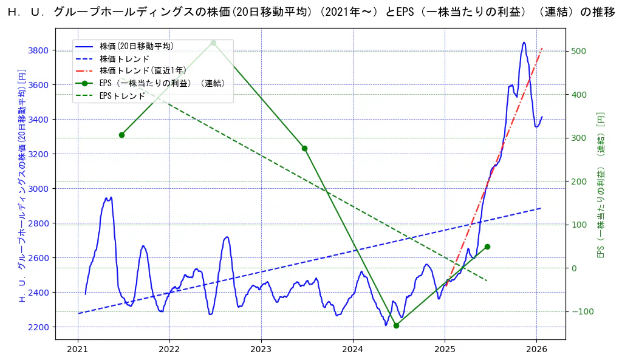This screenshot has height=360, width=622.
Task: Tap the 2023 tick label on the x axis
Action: tap(261, 349)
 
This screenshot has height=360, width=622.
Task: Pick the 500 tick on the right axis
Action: tap(578, 51)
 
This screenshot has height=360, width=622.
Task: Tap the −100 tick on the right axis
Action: tap(580, 312)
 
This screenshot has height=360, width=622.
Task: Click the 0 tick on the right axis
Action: tap(573, 268)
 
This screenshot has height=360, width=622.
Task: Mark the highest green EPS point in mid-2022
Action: tap(213, 42)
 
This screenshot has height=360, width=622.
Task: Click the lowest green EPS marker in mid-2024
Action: tap(396, 325)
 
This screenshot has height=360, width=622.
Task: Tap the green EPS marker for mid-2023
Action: tap(304, 148)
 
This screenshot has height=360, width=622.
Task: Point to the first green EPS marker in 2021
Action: tap(121, 135)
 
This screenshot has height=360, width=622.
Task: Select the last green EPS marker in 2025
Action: tap(487, 246)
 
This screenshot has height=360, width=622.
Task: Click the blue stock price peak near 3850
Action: tap(524, 42)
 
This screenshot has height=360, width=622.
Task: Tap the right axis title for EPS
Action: tap(601, 185)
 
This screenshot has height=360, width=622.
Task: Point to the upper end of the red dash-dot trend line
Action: tap(542, 48)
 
